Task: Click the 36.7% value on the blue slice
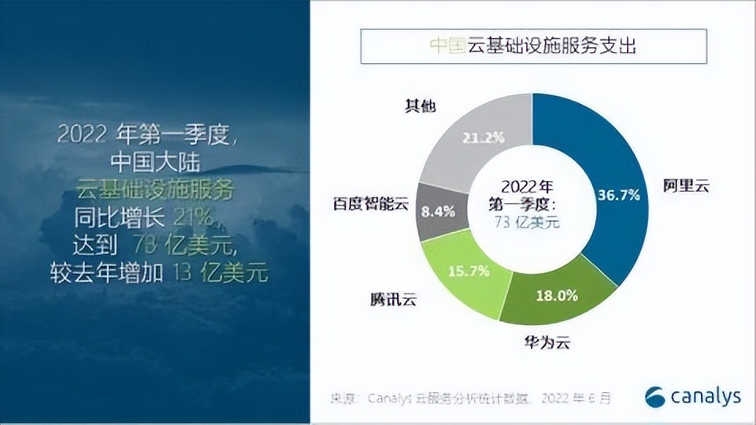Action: [618, 194]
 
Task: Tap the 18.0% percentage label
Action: [558, 296]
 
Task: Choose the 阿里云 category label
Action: [686, 187]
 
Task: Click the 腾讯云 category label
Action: [392, 299]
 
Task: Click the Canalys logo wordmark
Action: [693, 397]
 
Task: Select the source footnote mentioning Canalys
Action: [472, 397]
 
